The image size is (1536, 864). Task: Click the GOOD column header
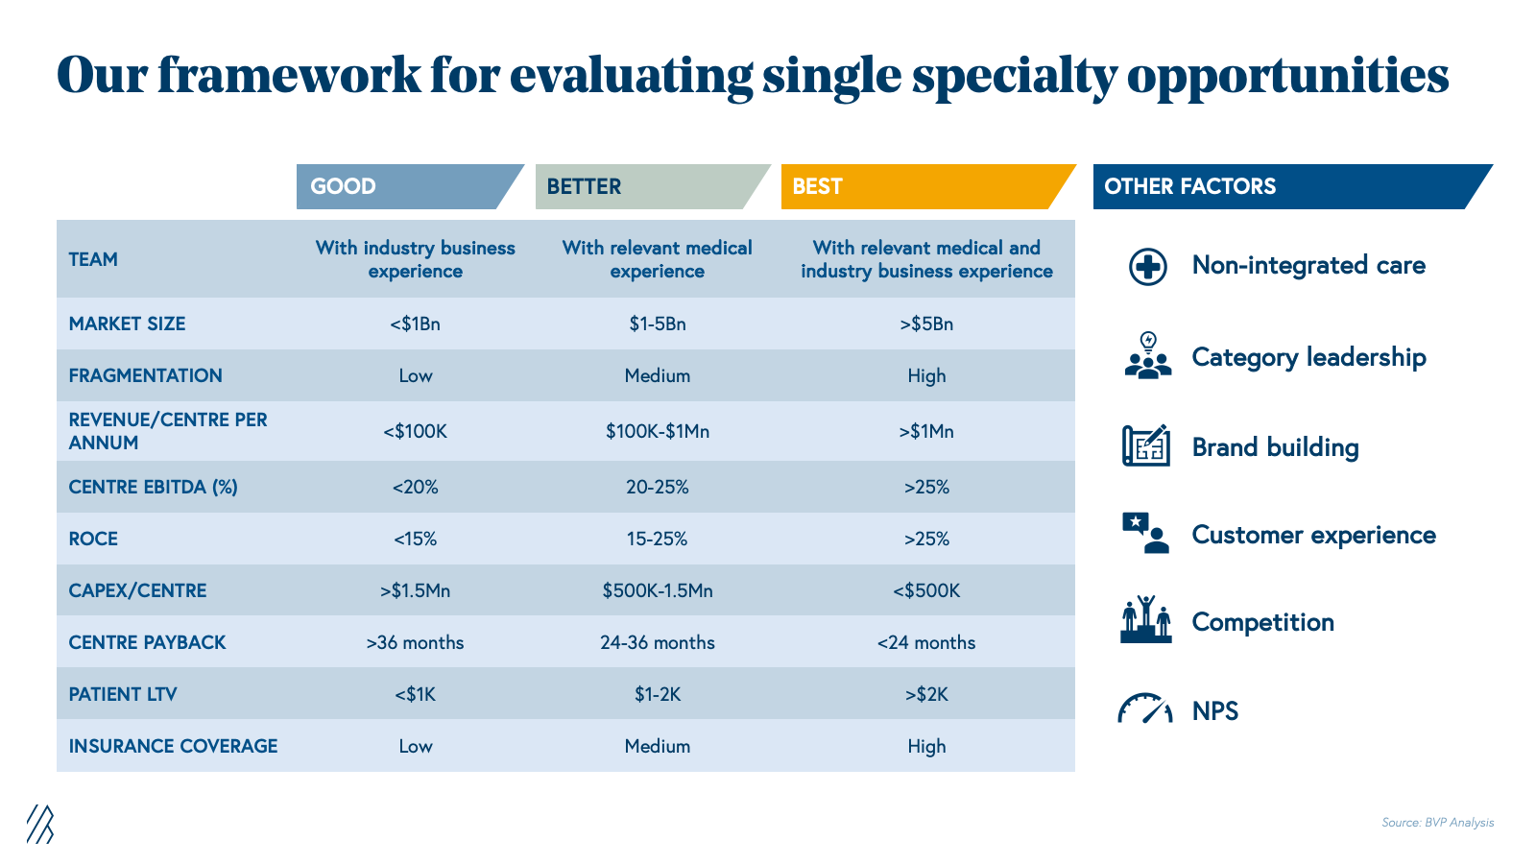coord(403,186)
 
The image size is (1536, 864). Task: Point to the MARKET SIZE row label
coord(127,324)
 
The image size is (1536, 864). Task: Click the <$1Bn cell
coord(415,324)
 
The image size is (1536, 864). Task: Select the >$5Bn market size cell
coord(926,324)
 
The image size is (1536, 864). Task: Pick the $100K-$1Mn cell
coord(658,431)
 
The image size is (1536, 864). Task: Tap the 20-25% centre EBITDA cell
coord(658,487)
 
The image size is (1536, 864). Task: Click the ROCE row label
coord(93,539)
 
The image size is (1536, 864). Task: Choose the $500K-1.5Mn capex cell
coord(658,590)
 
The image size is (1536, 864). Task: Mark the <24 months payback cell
coord(926,642)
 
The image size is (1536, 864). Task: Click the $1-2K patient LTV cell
coord(658,694)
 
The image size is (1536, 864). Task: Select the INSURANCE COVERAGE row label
coord(173,746)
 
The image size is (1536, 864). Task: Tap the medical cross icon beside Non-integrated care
coord(1148,266)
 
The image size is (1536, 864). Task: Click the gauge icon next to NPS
coord(1145,709)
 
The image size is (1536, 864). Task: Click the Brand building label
coord(1275,447)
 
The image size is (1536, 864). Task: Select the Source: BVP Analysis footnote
coord(1437,823)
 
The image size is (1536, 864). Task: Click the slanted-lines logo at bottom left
coord(40,824)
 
